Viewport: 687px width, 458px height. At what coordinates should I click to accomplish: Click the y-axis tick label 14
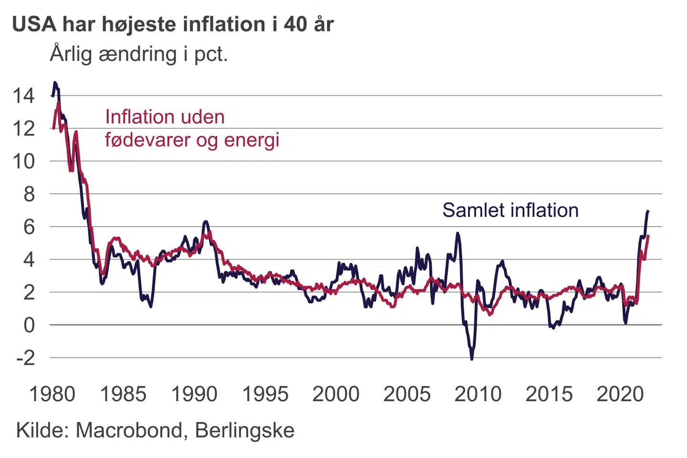(x=23, y=96)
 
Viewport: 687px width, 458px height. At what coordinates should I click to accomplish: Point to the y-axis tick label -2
(x=25, y=357)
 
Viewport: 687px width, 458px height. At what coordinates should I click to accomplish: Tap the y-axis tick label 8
(x=29, y=194)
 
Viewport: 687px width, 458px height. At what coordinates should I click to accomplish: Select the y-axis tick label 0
(x=29, y=325)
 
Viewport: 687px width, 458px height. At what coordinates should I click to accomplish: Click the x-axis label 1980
(x=52, y=395)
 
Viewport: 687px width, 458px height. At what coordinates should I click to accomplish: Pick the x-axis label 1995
(x=265, y=395)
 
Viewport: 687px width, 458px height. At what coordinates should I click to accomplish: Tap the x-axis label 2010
(x=478, y=395)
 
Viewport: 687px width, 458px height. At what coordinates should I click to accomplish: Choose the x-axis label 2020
(x=620, y=395)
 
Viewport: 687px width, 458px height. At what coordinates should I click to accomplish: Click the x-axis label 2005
(x=407, y=395)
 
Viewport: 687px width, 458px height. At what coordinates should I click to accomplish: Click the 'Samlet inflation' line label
(x=510, y=210)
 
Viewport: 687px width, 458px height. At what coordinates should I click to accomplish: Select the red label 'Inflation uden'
(x=165, y=117)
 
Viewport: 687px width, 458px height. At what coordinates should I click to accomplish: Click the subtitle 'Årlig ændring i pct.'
(x=139, y=54)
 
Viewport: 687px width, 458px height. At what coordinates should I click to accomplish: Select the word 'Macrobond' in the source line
(x=129, y=430)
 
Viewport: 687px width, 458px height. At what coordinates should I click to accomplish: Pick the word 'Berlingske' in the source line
(x=245, y=430)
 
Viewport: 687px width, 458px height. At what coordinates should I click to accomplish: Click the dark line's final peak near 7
(x=648, y=211)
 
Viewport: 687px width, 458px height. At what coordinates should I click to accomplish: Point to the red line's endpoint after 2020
(x=648, y=236)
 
